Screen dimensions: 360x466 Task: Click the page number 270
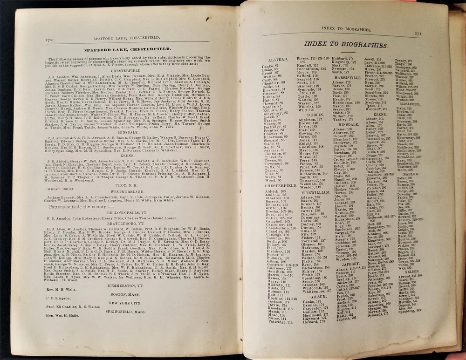click(48, 40)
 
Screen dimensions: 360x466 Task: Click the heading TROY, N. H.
click(126, 185)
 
